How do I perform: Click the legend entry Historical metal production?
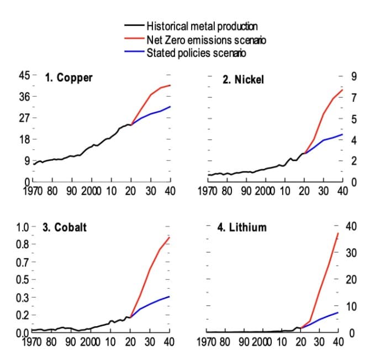pos(202,25)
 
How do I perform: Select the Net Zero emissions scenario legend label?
pos(207,39)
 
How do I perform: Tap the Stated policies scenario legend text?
pos(196,53)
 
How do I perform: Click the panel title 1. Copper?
pos(68,78)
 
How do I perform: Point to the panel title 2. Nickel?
pos(243,80)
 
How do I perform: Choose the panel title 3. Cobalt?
pos(65,227)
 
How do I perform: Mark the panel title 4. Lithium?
pos(240,227)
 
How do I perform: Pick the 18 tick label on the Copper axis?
pos(24,139)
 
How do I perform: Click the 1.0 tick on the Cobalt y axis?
pos(23,227)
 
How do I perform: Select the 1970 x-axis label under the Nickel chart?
pos(207,191)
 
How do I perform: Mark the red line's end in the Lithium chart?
pos(338,233)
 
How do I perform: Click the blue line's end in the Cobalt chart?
pos(170,297)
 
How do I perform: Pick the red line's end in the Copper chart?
pos(170,85)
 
